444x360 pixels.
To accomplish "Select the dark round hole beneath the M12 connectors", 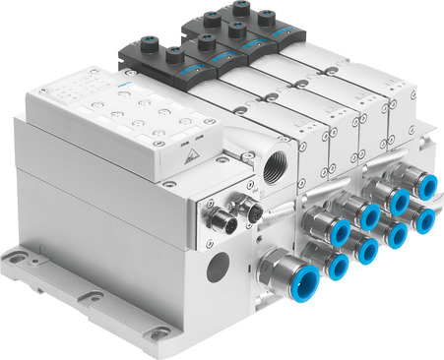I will click(219, 266).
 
